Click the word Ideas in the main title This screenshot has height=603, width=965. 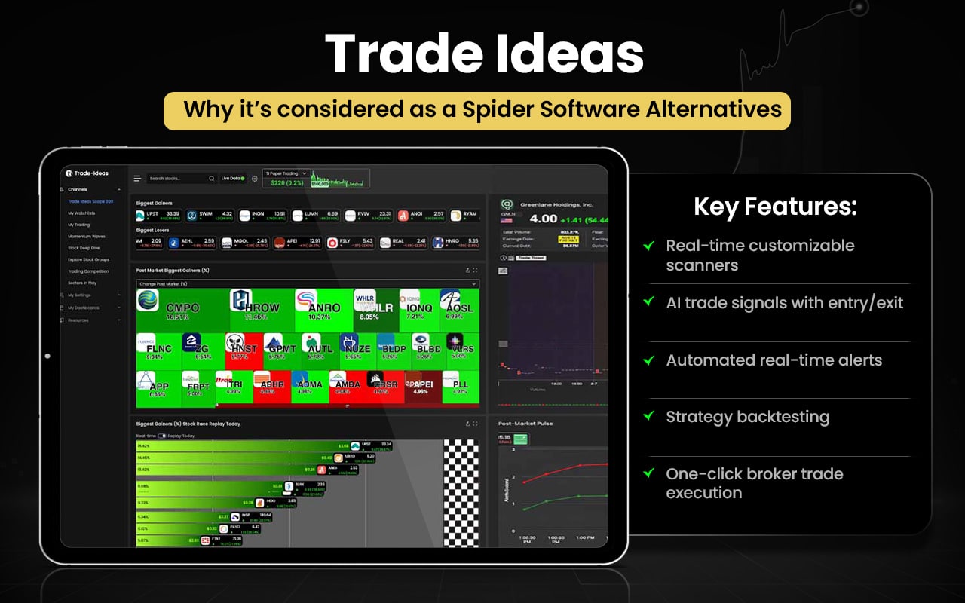pyautogui.click(x=570, y=54)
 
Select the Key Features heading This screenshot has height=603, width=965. pyautogui.click(x=775, y=207)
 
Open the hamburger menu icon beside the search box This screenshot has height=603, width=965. pyautogui.click(x=137, y=179)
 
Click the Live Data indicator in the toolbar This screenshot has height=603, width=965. pyautogui.click(x=233, y=179)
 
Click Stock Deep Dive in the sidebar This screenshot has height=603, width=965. pyautogui.click(x=84, y=247)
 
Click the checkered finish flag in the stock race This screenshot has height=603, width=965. pyautogui.click(x=461, y=493)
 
